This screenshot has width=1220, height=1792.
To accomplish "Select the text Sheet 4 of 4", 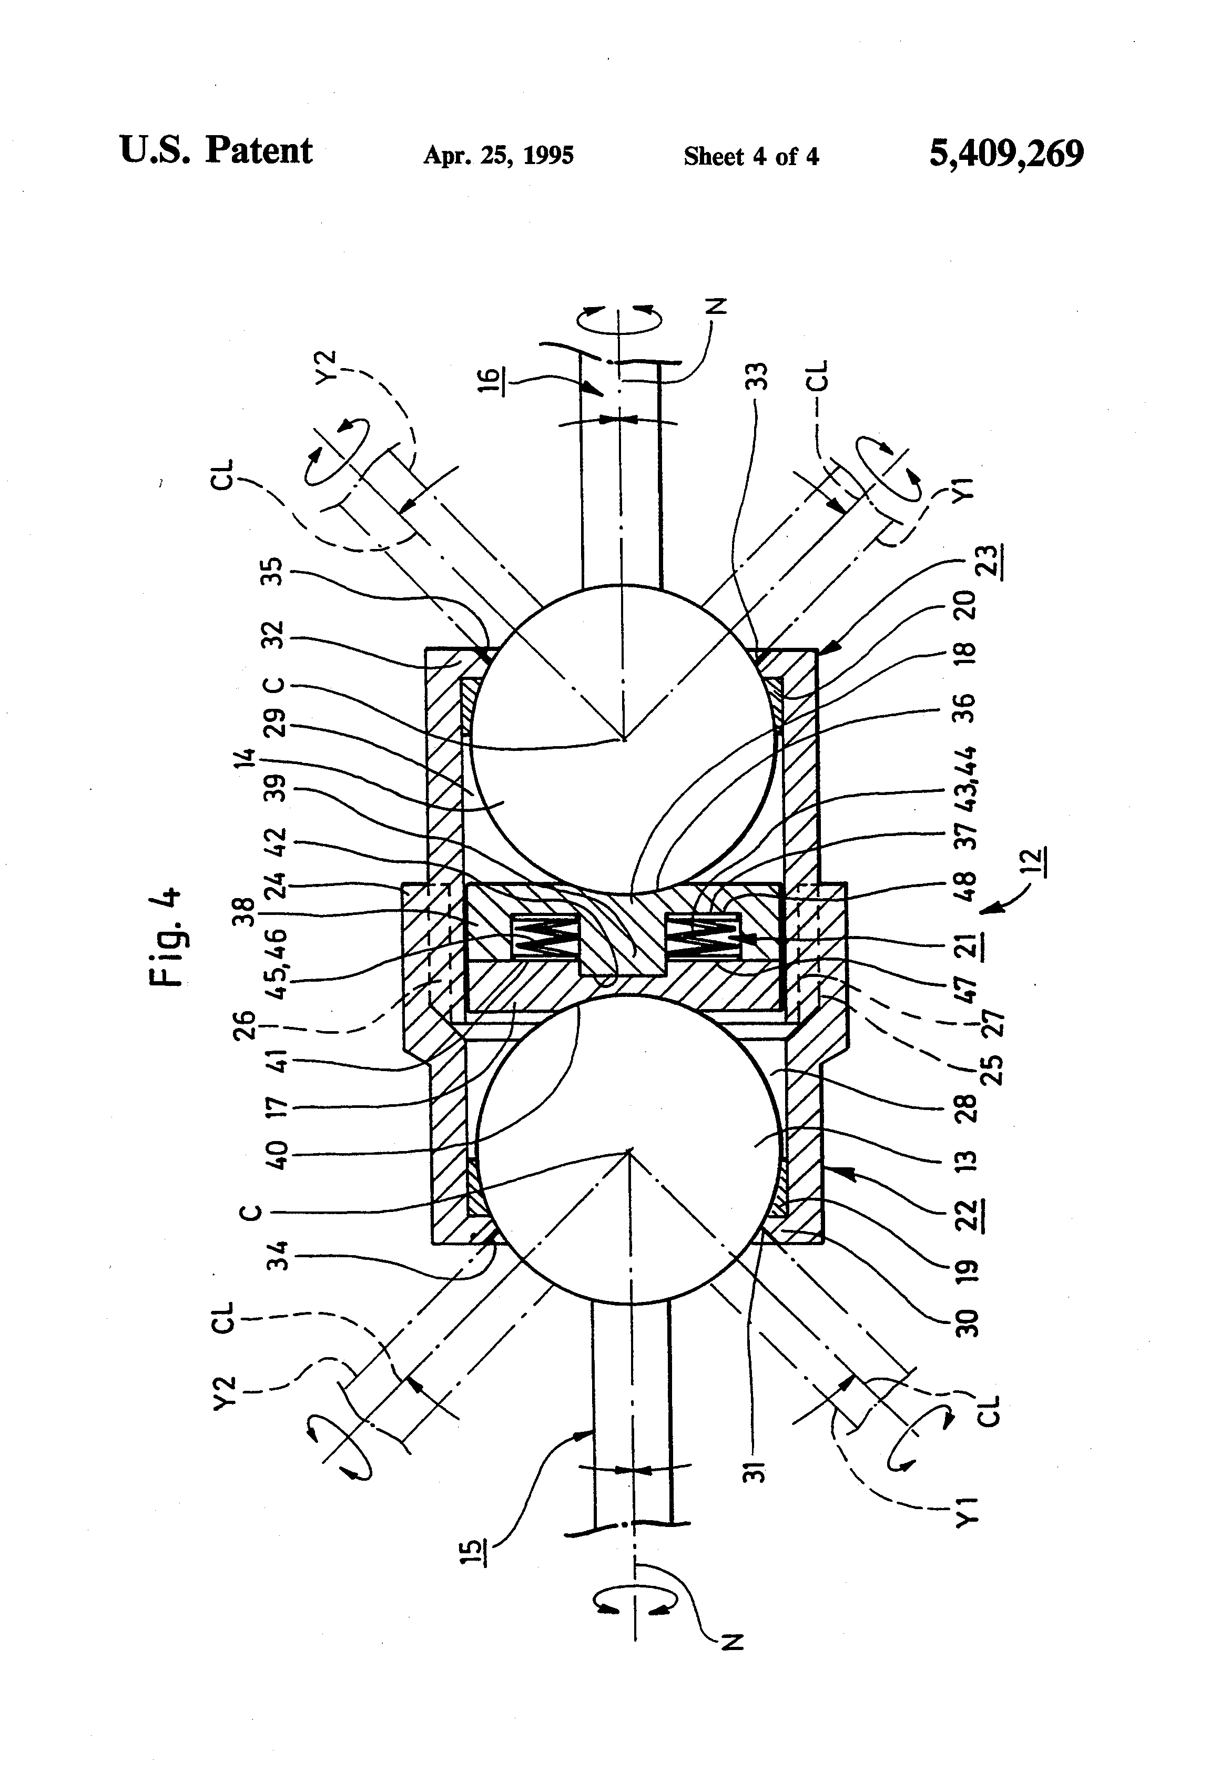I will click(x=750, y=157).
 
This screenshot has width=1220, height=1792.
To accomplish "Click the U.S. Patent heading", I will click(x=216, y=150).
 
